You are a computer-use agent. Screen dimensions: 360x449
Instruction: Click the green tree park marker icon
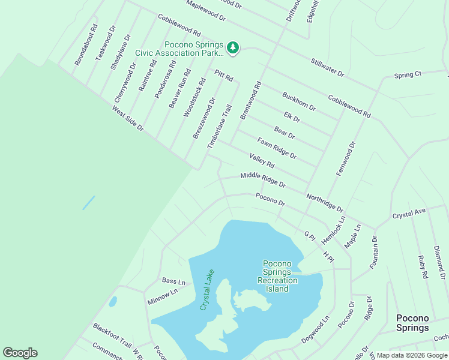(x=233, y=47)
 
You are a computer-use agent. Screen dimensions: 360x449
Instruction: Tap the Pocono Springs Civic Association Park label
(x=179, y=49)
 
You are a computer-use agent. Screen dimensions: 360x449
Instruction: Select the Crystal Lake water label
(x=206, y=290)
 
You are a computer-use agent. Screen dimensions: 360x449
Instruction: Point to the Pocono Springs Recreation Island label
(x=277, y=276)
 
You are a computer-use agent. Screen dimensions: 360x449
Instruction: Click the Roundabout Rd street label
(x=86, y=45)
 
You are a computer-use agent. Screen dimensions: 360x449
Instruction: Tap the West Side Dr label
(x=128, y=118)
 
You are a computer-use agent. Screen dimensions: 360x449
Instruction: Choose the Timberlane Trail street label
(x=219, y=127)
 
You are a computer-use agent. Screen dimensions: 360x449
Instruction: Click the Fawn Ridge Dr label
(x=277, y=148)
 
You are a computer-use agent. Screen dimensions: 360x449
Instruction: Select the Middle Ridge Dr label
(x=263, y=179)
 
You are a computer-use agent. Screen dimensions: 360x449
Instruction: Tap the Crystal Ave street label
(x=409, y=213)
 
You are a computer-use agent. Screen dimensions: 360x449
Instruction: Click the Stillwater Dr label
(x=327, y=67)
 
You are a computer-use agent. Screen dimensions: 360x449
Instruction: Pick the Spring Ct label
(x=408, y=75)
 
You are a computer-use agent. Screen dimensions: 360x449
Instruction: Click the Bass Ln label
(x=173, y=281)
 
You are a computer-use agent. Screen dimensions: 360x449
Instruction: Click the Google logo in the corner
(x=20, y=353)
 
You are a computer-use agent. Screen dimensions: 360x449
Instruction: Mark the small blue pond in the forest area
(x=88, y=202)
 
